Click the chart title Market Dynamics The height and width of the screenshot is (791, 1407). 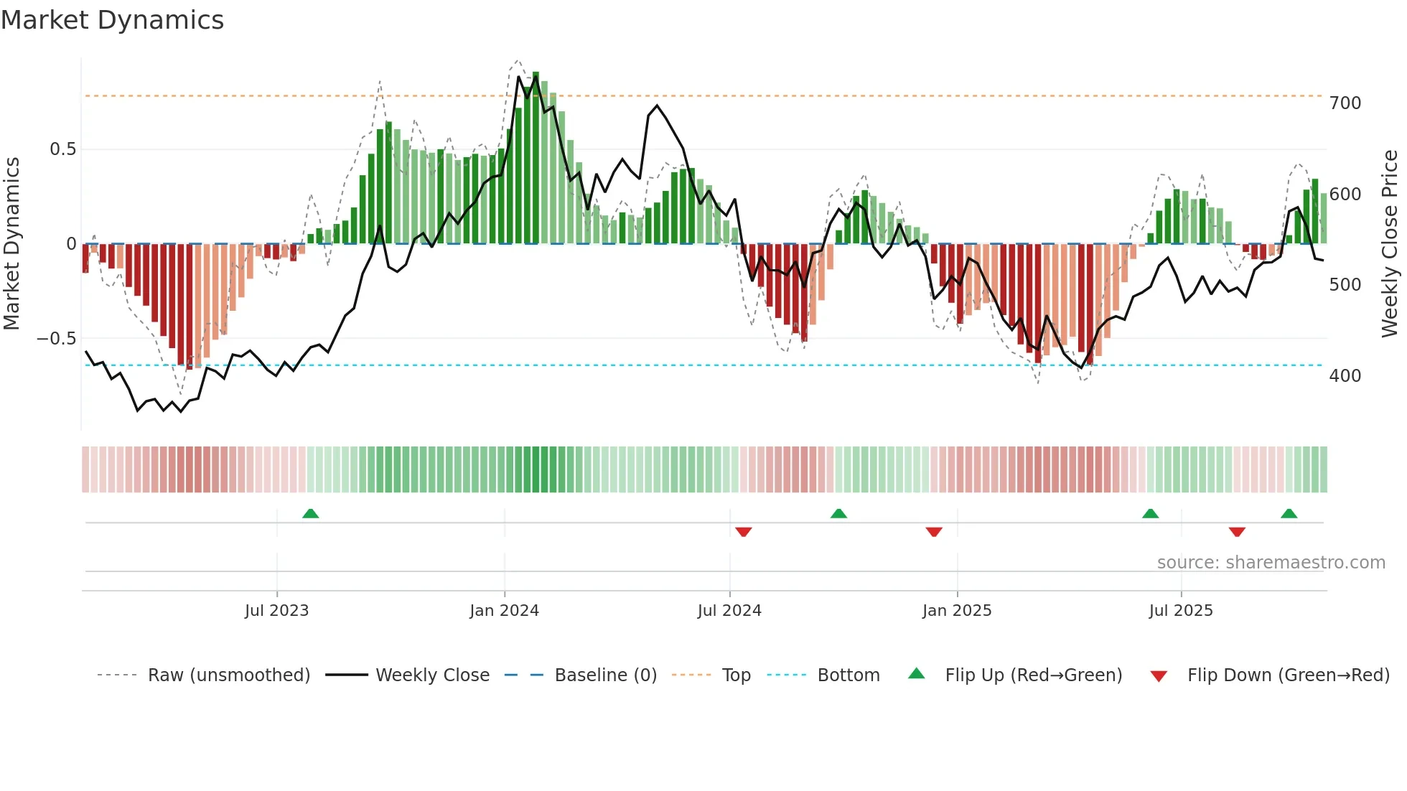point(112,20)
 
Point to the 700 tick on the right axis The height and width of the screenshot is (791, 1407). point(1345,103)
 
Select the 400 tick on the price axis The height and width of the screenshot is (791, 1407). point(1345,376)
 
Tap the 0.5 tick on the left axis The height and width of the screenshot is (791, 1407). point(62,149)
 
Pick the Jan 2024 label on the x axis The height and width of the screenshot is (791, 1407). point(504,611)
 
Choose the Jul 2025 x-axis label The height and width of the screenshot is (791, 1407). point(1180,611)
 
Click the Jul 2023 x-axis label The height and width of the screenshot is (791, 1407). point(276,611)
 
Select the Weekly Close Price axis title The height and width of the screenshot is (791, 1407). point(1390,244)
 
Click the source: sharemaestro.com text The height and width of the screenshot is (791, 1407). point(1271,563)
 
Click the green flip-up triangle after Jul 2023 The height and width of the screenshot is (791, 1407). point(310,514)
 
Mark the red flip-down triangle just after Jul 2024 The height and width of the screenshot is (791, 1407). point(743,532)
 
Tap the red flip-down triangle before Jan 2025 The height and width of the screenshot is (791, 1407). point(933,532)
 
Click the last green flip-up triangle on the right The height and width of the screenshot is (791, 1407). point(1289,514)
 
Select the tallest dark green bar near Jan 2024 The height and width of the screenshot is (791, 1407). point(536,158)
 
